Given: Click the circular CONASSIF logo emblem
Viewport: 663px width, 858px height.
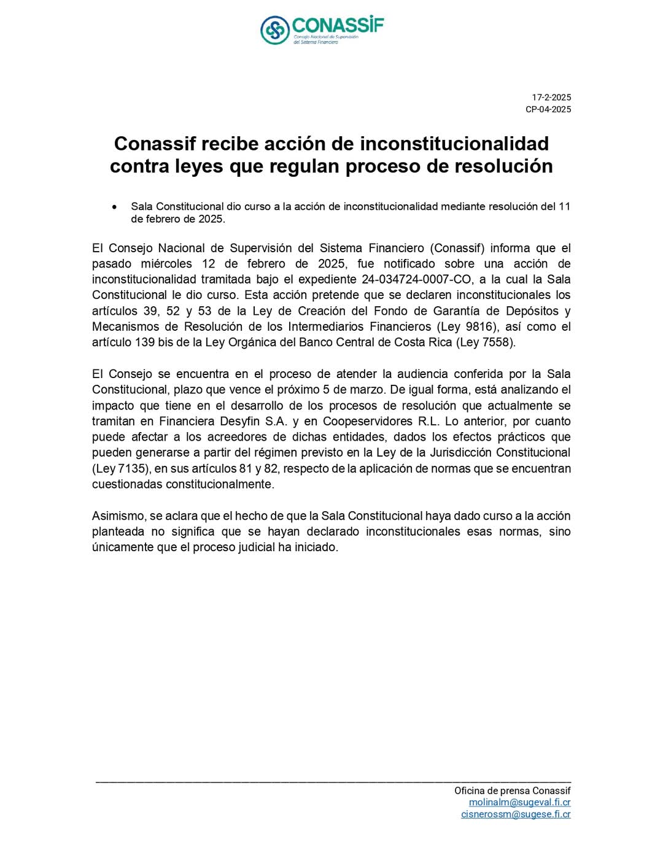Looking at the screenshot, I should (274, 30).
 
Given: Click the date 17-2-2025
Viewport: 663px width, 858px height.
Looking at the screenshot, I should (551, 97).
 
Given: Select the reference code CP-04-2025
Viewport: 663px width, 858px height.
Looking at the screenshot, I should (548, 109).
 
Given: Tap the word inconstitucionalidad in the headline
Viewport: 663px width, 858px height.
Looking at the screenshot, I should (454, 144).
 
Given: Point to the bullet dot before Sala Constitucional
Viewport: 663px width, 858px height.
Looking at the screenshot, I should (114, 207).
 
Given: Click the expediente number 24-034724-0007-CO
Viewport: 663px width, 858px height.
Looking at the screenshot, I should (416, 279).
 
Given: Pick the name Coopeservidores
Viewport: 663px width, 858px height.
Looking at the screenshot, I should (367, 421).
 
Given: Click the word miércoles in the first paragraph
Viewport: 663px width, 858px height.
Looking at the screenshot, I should (166, 264).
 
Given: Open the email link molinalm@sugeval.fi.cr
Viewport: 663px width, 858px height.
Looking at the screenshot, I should (519, 802).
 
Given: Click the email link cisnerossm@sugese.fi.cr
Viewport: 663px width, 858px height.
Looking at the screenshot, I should (516, 814).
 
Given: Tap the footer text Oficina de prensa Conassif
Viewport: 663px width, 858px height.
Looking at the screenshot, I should (512, 790).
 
